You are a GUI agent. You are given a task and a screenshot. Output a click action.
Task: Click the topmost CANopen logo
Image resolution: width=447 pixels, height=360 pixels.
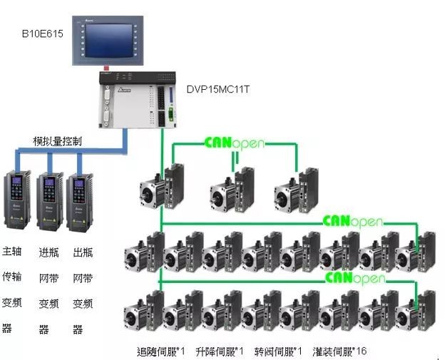[234, 142]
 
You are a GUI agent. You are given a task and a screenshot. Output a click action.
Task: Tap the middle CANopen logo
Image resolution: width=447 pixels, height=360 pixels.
[352, 221]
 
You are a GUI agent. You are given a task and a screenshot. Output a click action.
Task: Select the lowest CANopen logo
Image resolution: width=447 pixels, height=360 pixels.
[351, 276]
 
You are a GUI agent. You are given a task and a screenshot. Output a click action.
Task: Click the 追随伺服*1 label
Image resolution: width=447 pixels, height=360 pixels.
[160, 351]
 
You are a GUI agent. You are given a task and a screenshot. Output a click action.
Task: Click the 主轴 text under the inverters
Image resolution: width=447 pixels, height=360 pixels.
[12, 252]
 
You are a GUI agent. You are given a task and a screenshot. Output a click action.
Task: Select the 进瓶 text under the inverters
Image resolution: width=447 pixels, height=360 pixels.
[48, 252]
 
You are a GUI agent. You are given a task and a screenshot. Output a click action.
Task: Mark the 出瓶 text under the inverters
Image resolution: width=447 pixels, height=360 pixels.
[83, 252]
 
